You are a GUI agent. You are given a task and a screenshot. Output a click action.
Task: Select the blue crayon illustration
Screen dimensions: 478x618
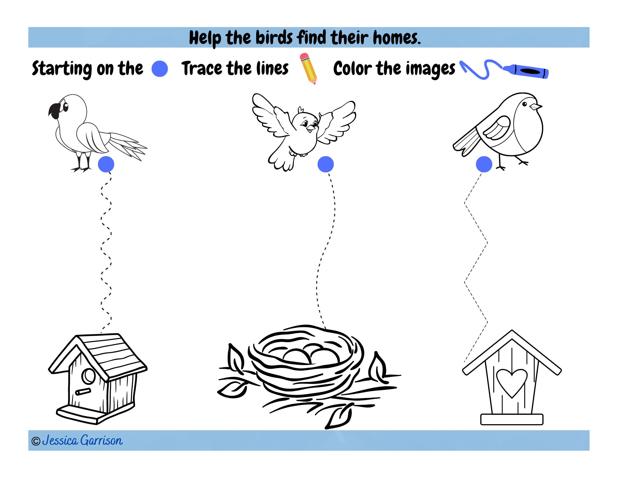pyautogui.click(x=525, y=71)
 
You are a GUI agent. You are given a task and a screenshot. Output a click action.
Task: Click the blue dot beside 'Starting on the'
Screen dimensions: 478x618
pyautogui.click(x=160, y=68)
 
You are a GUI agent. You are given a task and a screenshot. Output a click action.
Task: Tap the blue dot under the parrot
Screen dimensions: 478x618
pyautogui.click(x=106, y=164)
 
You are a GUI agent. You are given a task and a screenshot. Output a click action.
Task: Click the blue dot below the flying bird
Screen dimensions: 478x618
pyautogui.click(x=326, y=164)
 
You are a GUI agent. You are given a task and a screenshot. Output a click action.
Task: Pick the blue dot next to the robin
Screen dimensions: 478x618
pyautogui.click(x=484, y=164)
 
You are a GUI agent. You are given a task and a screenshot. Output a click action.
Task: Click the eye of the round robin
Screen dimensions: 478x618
pyautogui.click(x=524, y=104)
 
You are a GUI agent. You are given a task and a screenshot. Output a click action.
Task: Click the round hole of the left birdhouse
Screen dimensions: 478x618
pyautogui.click(x=89, y=376)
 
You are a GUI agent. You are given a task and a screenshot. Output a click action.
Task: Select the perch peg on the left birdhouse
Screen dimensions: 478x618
pyautogui.click(x=83, y=392)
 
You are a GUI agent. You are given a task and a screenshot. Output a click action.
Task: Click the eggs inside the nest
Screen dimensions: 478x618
pyautogui.click(x=311, y=355)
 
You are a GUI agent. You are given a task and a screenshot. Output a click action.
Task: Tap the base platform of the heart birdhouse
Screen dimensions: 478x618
pyautogui.click(x=512, y=420)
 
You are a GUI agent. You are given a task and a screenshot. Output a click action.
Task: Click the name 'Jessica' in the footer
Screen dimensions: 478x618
pyautogui.click(x=60, y=440)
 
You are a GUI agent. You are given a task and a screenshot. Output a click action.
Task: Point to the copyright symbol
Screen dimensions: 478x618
pyautogui.click(x=36, y=441)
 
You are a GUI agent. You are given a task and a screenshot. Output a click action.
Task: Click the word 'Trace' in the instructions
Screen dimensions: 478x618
pyautogui.click(x=202, y=68)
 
